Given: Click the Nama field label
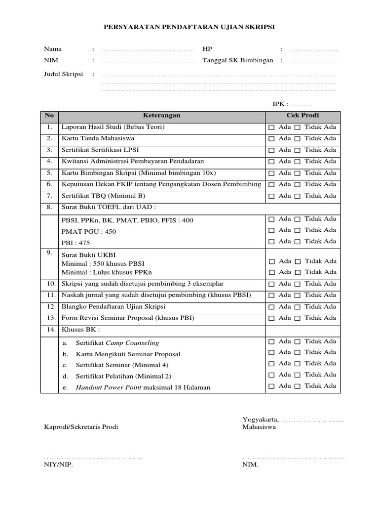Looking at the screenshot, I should pyautogui.click(x=53, y=49).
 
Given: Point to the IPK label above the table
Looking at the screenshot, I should pyautogui.click(x=280, y=104).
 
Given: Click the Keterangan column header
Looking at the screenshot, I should pyautogui.click(x=161, y=116).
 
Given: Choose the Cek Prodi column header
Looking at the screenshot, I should pyautogui.click(x=303, y=116).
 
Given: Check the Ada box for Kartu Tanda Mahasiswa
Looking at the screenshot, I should pyautogui.click(x=271, y=139).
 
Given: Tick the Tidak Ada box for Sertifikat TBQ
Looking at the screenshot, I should pyautogui.click(x=297, y=196).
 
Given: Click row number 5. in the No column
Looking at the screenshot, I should pyautogui.click(x=49, y=173).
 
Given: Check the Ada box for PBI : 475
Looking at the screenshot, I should pyautogui.click(x=271, y=242).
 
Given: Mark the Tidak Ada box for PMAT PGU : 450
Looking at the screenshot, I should pyautogui.click(x=297, y=230).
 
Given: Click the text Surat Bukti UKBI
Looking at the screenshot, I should pyautogui.click(x=87, y=255).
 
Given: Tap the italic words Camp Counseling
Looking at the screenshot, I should pyautogui.click(x=135, y=342).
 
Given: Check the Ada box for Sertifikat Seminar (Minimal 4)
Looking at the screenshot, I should pyautogui.click(x=271, y=364).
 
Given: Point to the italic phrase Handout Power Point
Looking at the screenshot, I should pyautogui.click(x=108, y=387).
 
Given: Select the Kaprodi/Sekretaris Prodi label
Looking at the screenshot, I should pyautogui.click(x=81, y=427).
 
